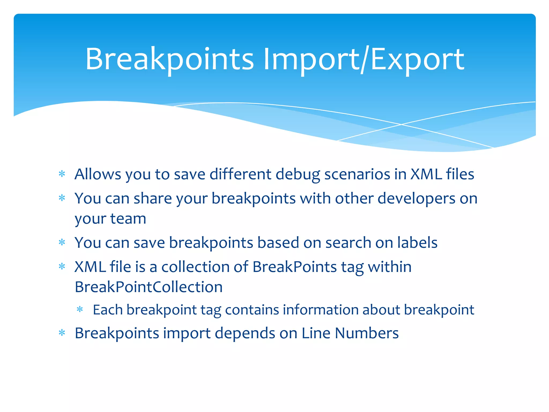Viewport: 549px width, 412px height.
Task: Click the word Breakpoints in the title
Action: [169, 60]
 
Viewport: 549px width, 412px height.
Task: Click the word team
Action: [128, 219]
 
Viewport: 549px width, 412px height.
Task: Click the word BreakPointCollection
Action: [149, 287]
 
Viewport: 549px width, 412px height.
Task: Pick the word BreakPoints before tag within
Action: [294, 267]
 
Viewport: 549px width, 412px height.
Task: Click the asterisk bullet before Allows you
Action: [62, 174]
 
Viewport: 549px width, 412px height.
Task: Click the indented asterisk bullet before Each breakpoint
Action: [80, 310]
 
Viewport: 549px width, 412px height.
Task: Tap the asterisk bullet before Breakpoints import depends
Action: [62, 333]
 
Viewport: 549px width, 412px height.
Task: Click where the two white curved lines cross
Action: [401, 124]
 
